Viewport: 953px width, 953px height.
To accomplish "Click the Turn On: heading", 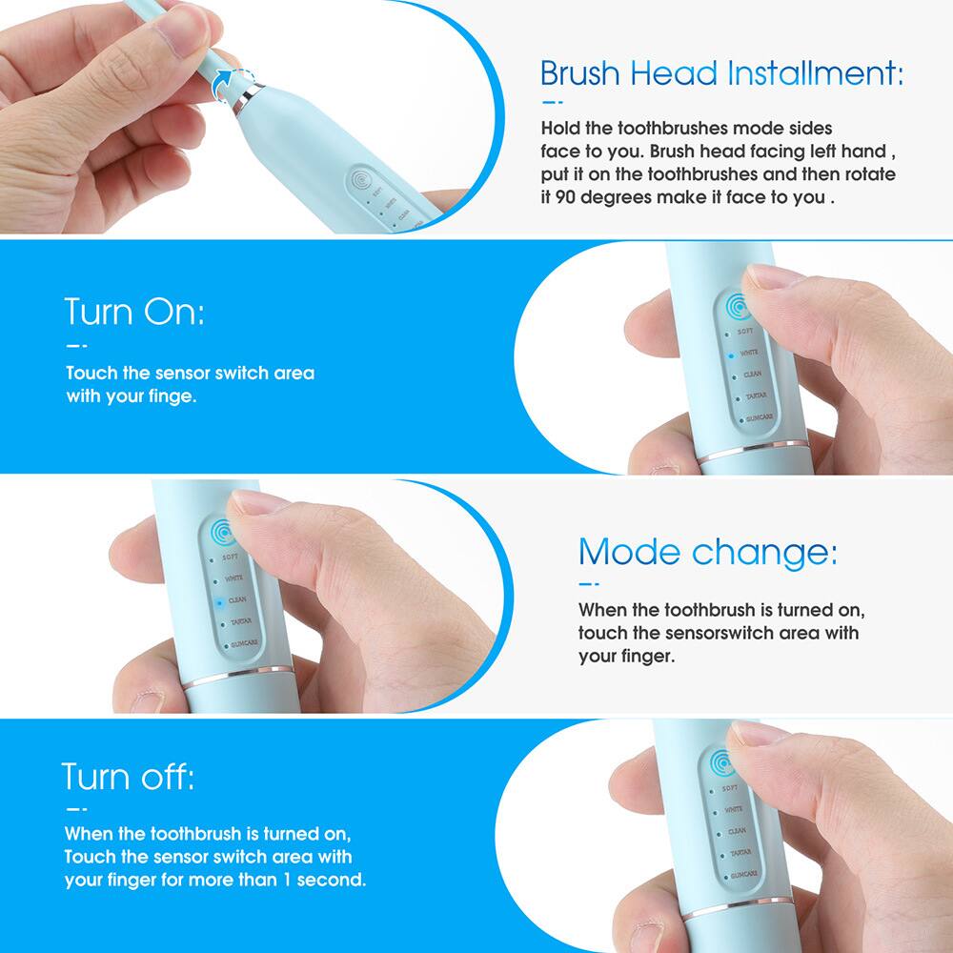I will [x=133, y=311].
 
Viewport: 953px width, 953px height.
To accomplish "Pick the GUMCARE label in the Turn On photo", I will [x=759, y=418].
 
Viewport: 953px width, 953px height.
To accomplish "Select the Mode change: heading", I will [x=707, y=551].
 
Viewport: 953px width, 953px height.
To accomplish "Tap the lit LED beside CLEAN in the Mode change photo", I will [x=218, y=601].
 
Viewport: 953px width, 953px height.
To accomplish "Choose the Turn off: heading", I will [x=128, y=777].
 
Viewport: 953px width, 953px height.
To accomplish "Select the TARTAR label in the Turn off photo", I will [x=740, y=853].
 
